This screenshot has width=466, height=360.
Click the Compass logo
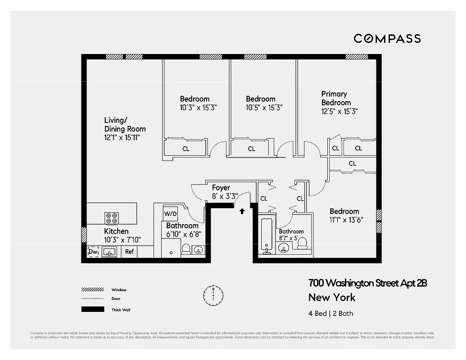click(387, 39)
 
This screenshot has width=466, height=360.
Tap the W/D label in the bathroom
click(170, 213)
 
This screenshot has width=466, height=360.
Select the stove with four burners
click(112, 218)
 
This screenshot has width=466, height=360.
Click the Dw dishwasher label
click(93, 252)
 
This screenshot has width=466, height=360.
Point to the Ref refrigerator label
click(129, 252)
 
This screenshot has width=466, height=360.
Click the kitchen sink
click(110, 252)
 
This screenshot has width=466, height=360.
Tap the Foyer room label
click(221, 188)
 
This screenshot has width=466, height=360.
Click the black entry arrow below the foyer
click(242, 210)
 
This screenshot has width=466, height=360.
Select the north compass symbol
click(213, 294)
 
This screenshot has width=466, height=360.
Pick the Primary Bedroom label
click(335, 98)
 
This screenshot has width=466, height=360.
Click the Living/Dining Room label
click(124, 125)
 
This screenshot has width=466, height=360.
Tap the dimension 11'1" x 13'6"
click(346, 220)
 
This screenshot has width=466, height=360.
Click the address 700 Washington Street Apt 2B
click(367, 283)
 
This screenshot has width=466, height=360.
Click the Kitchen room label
click(116, 231)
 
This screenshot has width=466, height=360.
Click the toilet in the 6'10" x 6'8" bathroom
click(186, 249)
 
